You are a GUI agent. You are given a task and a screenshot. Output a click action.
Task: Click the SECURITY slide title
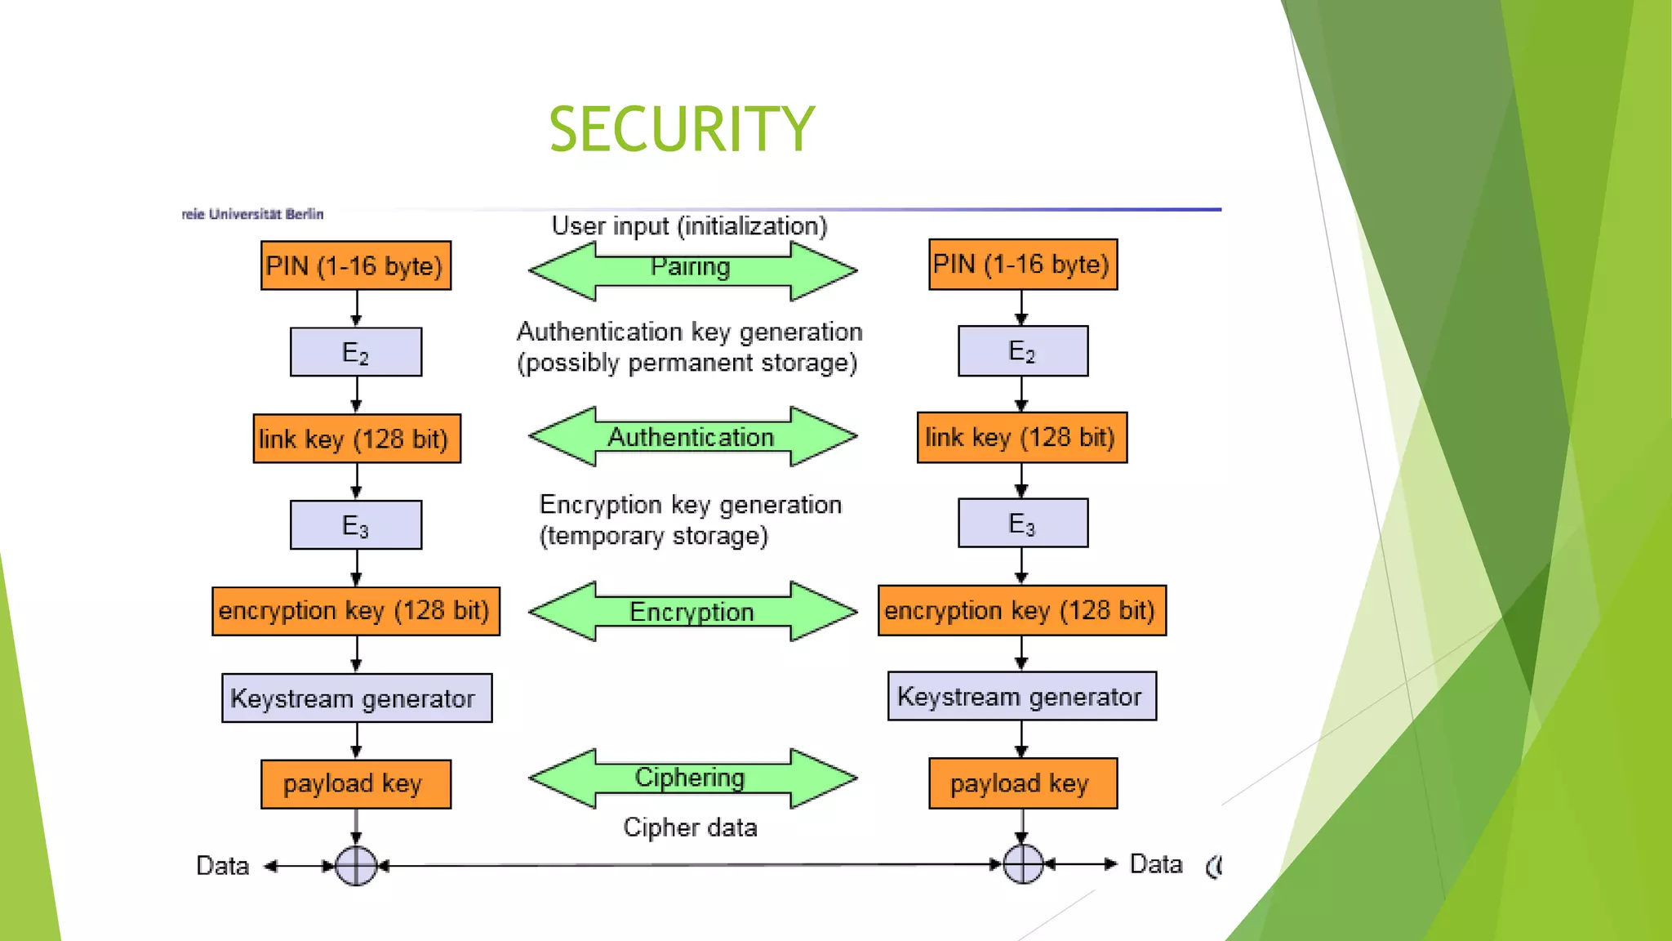click(x=682, y=129)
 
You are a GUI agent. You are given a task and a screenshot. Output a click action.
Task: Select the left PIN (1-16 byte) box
click(x=355, y=265)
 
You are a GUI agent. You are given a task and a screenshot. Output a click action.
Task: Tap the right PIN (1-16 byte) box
click(x=1022, y=264)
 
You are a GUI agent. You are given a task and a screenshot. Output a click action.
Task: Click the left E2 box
click(x=356, y=352)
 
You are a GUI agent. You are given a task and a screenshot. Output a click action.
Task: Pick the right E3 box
click(x=1022, y=523)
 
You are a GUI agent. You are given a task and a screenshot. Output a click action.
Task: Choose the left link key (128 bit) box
click(x=356, y=439)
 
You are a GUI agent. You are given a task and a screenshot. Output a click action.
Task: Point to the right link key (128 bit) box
click(x=1021, y=438)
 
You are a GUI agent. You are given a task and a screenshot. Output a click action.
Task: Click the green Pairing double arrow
click(x=692, y=270)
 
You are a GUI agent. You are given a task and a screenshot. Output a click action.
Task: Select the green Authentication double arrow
click(x=692, y=437)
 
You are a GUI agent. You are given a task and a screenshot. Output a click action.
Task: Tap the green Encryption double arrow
click(x=692, y=611)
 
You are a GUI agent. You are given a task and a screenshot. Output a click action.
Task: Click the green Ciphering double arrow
click(x=692, y=778)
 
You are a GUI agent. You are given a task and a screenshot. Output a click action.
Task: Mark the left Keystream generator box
click(x=356, y=698)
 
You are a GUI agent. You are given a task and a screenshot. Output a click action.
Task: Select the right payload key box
click(x=1022, y=783)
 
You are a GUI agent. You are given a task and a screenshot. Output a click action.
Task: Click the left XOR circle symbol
click(x=356, y=866)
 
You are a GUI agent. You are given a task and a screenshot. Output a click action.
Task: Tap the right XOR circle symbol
click(x=1022, y=864)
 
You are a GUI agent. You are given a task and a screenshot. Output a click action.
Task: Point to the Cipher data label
click(x=690, y=827)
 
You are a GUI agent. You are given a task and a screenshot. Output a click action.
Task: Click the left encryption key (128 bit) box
click(x=356, y=611)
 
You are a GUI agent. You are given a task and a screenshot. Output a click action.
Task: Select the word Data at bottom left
click(x=222, y=866)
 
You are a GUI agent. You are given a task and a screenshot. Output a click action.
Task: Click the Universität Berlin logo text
click(x=253, y=214)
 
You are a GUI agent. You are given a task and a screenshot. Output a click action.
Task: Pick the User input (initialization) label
click(x=689, y=225)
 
